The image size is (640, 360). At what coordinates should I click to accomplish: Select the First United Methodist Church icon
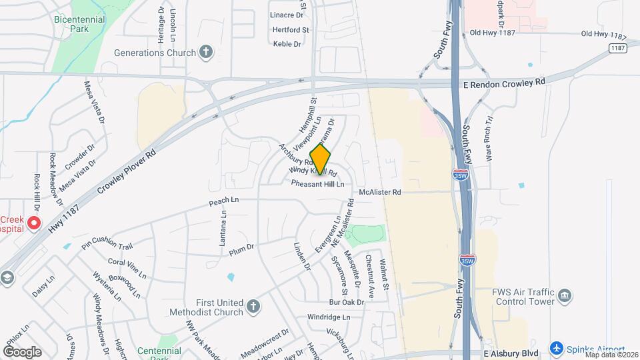click(253, 307)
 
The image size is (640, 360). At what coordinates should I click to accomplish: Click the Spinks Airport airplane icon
click(556, 349)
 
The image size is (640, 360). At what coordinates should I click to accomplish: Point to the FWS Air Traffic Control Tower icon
click(565, 295)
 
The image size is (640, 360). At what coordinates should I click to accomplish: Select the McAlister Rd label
click(379, 192)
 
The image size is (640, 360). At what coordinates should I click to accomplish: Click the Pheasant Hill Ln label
click(317, 183)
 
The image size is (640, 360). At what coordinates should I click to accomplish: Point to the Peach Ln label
click(223, 200)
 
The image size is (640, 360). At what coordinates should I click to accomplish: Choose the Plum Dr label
click(241, 249)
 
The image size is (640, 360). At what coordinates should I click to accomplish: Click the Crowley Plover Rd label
click(126, 172)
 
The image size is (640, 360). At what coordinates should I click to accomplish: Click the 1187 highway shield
click(617, 48)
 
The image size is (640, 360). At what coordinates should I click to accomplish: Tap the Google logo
click(22, 351)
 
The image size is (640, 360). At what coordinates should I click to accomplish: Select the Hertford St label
click(291, 30)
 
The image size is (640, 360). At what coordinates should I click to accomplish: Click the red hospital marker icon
click(34, 223)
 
